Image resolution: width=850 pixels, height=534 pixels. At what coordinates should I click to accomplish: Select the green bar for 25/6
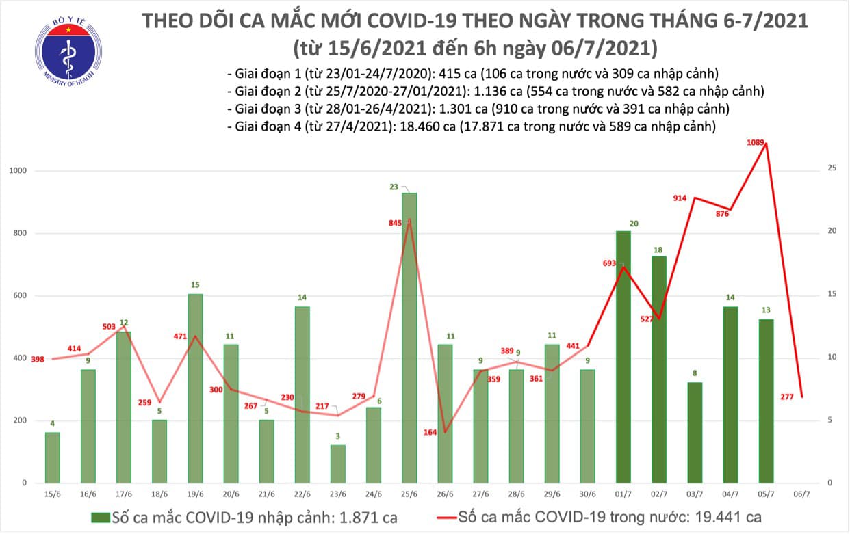[x=409, y=338]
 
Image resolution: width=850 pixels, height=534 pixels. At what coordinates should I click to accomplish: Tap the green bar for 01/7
[x=623, y=356]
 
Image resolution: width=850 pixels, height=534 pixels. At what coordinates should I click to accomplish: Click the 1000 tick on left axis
[x=19, y=171]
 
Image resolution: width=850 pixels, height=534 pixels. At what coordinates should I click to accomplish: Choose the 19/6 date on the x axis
[x=195, y=494]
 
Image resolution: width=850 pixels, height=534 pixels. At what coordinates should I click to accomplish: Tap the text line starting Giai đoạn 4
[x=472, y=126]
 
